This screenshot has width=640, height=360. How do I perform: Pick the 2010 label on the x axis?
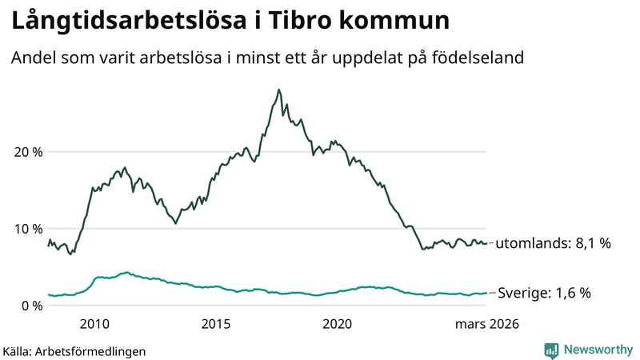(94, 324)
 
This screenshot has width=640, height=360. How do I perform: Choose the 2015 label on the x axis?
(216, 324)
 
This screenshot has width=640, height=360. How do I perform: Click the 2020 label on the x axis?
(337, 324)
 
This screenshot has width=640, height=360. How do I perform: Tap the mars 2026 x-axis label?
(486, 324)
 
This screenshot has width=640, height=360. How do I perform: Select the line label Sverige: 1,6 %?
(544, 294)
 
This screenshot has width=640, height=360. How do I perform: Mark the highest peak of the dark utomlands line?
(278, 90)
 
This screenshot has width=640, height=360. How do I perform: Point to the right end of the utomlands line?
(486, 244)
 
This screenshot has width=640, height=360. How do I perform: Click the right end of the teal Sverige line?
(486, 294)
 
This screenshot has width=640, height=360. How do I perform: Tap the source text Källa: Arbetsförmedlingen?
(74, 350)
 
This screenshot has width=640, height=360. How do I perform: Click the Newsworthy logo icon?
(551, 350)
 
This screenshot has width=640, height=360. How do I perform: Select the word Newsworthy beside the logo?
(598, 350)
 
